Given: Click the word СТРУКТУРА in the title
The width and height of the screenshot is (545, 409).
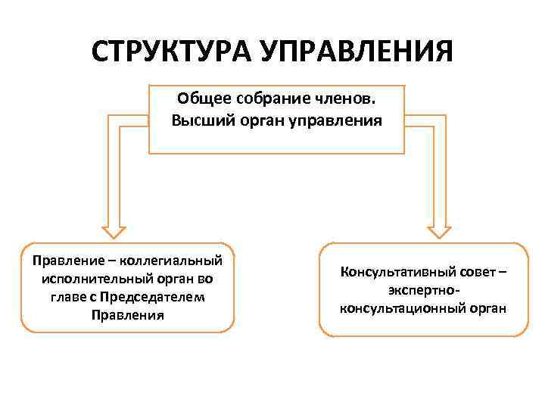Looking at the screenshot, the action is click(172, 54).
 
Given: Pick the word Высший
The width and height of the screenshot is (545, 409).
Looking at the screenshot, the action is click(199, 120).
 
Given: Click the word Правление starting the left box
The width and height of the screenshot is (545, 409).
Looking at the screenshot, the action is click(64, 261).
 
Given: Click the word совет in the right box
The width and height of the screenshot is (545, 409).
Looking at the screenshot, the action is click(473, 272).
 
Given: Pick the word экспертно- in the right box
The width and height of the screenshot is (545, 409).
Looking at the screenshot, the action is click(423, 290).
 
